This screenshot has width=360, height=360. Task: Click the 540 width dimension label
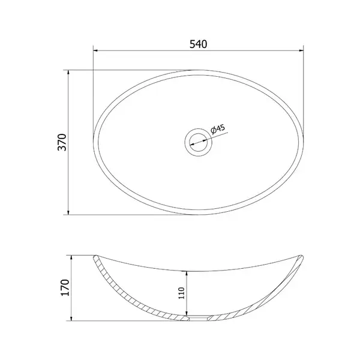pos(198,44)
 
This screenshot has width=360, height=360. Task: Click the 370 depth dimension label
pos(62,142)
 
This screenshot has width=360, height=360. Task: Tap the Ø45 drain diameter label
pos(218,129)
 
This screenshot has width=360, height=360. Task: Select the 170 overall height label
pos(65,287)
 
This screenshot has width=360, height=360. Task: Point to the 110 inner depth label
pos(181,293)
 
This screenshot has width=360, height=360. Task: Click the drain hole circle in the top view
pos(199,142)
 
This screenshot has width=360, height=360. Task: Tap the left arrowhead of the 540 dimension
pos(96,50)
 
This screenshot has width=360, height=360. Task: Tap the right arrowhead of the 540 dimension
pos(301,50)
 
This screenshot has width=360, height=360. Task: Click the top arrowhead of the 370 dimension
pos(68,73)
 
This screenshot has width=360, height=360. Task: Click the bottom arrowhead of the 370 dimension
pos(68,212)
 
